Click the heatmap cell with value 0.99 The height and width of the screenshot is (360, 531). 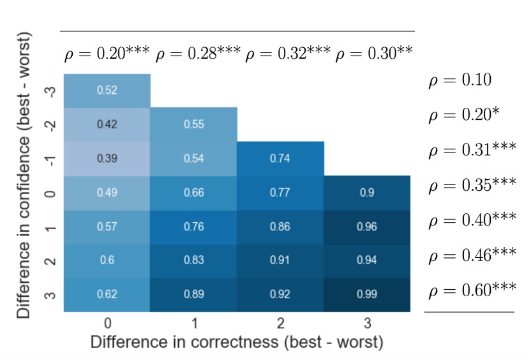point(367,294)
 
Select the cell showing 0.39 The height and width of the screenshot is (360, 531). point(107,158)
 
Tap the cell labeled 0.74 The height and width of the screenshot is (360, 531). point(280,158)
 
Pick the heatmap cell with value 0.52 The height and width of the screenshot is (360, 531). point(107,91)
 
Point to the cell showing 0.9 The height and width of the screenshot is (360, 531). point(367,192)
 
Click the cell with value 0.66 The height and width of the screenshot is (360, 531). point(193,192)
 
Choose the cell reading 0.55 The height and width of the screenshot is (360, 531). point(193,124)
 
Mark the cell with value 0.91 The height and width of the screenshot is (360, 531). point(280,260)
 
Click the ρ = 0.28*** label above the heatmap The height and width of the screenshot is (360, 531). point(198,54)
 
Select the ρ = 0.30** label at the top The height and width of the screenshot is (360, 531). point(374,54)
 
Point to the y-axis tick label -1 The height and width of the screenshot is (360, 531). point(52,158)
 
